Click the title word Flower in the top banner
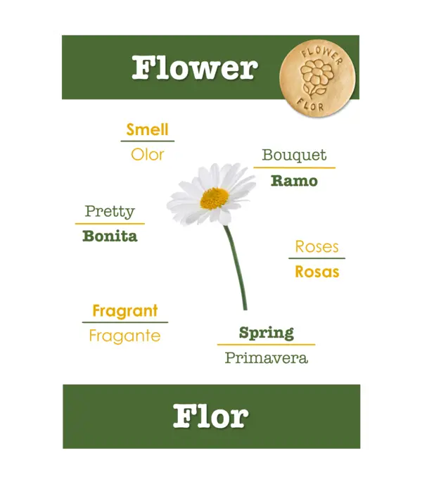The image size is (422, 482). pyautogui.click(x=195, y=68)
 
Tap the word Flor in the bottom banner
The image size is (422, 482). pyautogui.click(x=210, y=416)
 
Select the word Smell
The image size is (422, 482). pyautogui.click(x=147, y=129)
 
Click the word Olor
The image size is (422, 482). pyautogui.click(x=147, y=154)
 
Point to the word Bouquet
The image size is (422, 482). pyautogui.click(x=294, y=156)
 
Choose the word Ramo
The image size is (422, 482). pyautogui.click(x=294, y=181)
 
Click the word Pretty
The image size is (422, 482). pyautogui.click(x=110, y=212)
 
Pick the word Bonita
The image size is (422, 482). pyautogui.click(x=110, y=236)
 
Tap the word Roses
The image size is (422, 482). pyautogui.click(x=317, y=246)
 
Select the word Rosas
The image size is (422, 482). pyautogui.click(x=317, y=272)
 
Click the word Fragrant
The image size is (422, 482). pyautogui.click(x=125, y=311)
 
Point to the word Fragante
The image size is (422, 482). pyautogui.click(x=124, y=336)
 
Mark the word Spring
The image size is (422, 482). pyautogui.click(x=266, y=333)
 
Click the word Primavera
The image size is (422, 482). pyautogui.click(x=266, y=358)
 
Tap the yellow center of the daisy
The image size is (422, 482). pyautogui.click(x=215, y=198)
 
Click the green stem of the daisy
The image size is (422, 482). pyautogui.click(x=236, y=267)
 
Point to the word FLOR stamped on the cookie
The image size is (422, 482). pyautogui.click(x=309, y=105)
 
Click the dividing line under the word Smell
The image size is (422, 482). pyautogui.click(x=148, y=141)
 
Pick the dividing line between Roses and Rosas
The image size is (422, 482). pyautogui.click(x=317, y=258)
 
